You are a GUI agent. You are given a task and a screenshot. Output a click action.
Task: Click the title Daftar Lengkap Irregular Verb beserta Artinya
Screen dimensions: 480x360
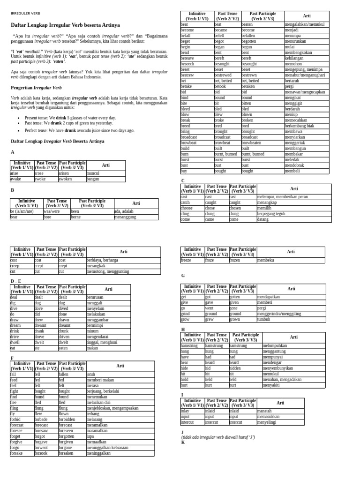(x=65, y=25)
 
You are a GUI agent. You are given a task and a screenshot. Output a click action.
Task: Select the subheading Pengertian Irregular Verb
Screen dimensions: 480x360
(x=36, y=88)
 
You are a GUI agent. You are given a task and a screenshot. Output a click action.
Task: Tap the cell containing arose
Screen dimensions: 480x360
(x=40, y=173)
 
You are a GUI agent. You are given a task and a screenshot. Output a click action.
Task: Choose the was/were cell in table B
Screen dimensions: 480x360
(x=52, y=211)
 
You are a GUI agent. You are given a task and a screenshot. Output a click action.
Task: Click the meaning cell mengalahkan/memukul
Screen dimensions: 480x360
(x=305, y=24)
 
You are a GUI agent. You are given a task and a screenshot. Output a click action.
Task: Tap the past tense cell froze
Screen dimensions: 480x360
(x=210, y=260)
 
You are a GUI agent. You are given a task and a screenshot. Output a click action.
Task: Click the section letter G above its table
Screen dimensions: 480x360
(x=183, y=276)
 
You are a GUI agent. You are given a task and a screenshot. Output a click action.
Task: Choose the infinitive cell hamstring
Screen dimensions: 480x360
(x=189, y=345)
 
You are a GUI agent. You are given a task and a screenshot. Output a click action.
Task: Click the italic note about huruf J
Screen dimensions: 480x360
(x=218, y=437)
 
